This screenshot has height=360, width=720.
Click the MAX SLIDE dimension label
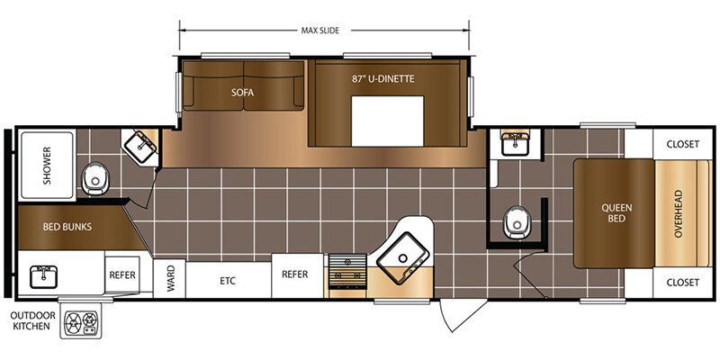[320, 31]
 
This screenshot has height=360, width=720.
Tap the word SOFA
[242, 93]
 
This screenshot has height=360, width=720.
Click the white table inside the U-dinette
[387, 121]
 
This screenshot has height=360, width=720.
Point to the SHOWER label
[48, 166]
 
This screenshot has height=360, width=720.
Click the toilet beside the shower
[95, 178]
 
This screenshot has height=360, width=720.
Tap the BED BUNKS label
[67, 227]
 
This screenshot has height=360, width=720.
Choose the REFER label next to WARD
[122, 275]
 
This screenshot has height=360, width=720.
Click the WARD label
[170, 279]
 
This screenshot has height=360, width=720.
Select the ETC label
[228, 281]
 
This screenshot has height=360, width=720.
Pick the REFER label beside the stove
[295, 274]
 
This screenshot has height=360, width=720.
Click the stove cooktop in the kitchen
[347, 272]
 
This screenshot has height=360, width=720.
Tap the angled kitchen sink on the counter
[403, 258]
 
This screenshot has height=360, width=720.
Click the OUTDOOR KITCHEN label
[33, 320]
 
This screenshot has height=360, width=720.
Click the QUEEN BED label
[616, 213]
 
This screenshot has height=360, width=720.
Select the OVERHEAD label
[679, 213]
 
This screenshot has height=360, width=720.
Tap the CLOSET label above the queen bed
[683, 144]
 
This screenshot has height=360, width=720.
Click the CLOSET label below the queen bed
[683, 283]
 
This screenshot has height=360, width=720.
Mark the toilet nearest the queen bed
[517, 222]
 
